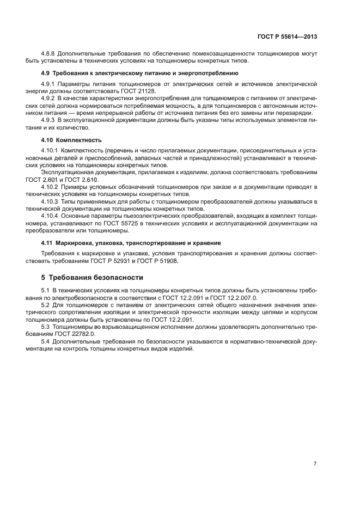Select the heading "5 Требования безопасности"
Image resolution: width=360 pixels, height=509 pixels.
click(93, 277)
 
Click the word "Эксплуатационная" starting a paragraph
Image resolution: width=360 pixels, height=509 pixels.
click(66, 172)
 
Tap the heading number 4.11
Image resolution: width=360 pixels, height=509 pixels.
click(49, 242)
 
